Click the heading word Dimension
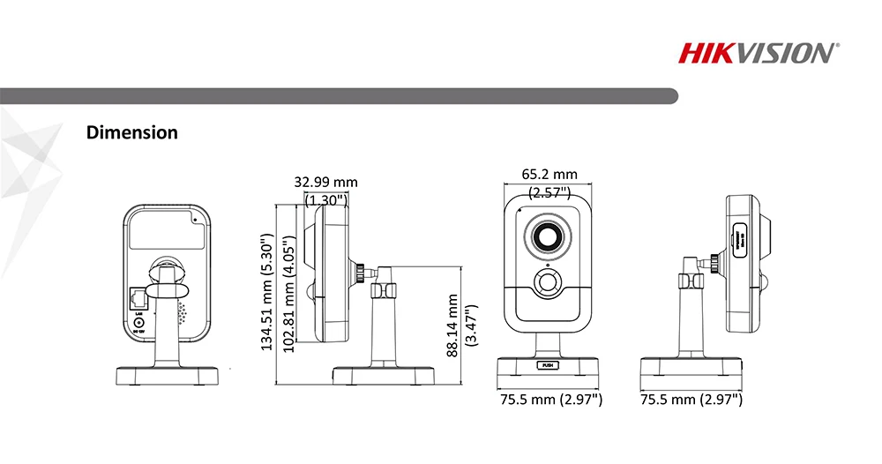point(132,133)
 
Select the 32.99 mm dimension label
point(326,182)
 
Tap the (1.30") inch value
point(326,199)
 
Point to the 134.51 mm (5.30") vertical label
point(267,292)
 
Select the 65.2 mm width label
point(549,175)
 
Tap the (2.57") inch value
point(549,191)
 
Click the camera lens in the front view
point(548,236)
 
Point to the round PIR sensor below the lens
point(548,283)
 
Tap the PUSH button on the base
point(548,363)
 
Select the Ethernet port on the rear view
point(138,296)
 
